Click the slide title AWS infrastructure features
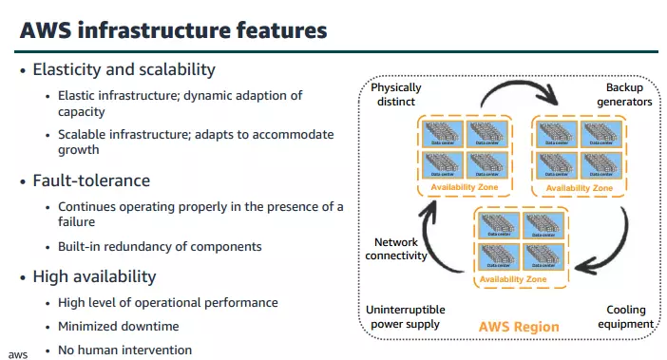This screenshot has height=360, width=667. [173, 30]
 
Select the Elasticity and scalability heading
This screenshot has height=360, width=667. [124, 70]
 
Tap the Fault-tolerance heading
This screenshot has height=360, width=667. [91, 180]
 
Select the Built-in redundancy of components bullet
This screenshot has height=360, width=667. [160, 246]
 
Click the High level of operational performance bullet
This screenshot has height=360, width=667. [168, 302]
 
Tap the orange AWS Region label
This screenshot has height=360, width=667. [518, 327]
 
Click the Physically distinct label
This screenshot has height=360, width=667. [397, 95]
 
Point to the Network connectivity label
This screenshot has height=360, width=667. [396, 249]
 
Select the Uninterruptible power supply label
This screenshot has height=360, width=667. [406, 317]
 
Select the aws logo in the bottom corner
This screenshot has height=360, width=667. [18, 353]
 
